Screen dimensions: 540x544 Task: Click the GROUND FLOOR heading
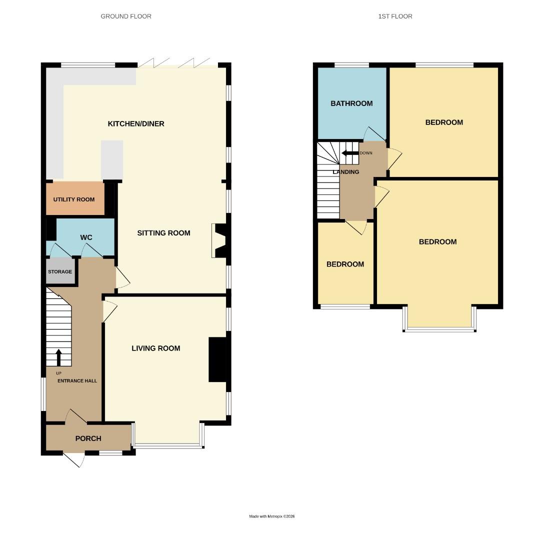[x=126, y=16]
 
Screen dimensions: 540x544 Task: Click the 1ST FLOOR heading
[x=395, y=16]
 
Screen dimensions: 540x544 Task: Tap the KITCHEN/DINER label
[x=136, y=123]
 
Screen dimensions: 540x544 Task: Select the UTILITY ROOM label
[x=74, y=199]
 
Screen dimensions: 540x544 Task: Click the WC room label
[x=86, y=237]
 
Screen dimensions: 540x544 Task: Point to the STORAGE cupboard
[x=60, y=272]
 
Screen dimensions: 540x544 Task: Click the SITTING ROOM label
[x=163, y=233]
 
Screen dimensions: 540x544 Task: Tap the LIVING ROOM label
[x=155, y=348]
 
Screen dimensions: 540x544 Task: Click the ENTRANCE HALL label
[x=77, y=381]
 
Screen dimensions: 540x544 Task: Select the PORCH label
[x=88, y=438]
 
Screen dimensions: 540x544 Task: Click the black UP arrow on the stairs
[x=58, y=357]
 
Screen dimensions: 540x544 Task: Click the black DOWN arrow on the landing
[x=349, y=153]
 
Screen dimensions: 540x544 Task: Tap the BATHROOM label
[x=351, y=103]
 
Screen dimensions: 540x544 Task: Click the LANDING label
[x=346, y=172]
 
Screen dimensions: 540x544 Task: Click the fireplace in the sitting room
[x=219, y=240]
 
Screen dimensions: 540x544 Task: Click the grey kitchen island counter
[x=112, y=159]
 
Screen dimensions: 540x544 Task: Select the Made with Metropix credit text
[x=272, y=516]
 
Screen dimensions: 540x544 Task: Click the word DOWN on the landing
[x=366, y=153]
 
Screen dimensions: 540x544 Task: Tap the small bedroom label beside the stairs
[x=345, y=264]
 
